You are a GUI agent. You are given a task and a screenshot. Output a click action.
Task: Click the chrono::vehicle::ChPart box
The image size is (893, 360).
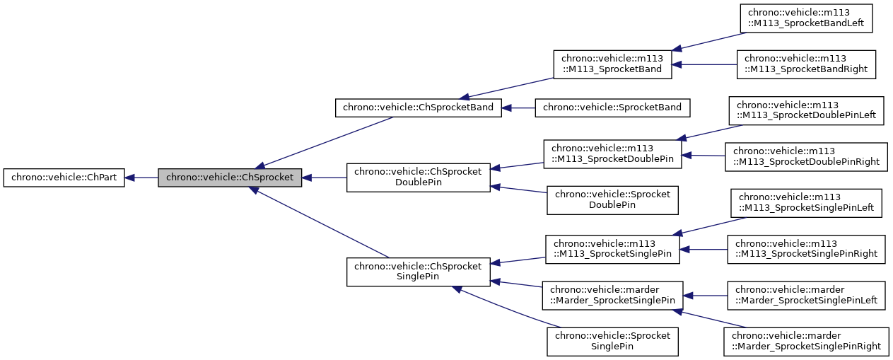click(x=64, y=178)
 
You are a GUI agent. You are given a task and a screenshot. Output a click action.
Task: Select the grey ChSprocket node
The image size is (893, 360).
click(x=230, y=178)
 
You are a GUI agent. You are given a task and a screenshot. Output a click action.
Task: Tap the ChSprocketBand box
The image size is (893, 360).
click(x=418, y=108)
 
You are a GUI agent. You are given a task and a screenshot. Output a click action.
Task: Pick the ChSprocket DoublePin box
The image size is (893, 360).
click(x=418, y=178)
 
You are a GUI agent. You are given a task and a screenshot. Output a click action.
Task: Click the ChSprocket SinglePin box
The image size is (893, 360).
click(x=418, y=272)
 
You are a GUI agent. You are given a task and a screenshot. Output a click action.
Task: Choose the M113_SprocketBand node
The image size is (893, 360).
click(x=612, y=64)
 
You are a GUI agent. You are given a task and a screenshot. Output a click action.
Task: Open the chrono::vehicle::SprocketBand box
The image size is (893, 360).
click(x=612, y=108)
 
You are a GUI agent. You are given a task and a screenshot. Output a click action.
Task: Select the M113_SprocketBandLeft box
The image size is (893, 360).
click(x=806, y=19)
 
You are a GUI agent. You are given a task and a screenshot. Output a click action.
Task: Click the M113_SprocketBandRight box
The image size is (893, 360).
click(x=806, y=64)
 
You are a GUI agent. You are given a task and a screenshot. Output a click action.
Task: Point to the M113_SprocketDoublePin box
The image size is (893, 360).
click(x=612, y=154)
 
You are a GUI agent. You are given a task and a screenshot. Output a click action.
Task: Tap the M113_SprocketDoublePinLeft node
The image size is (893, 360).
click(x=806, y=110)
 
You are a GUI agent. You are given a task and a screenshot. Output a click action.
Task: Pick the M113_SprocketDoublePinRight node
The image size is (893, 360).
click(x=806, y=156)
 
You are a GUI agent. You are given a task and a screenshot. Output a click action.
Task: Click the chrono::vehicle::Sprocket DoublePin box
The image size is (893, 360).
click(x=612, y=200)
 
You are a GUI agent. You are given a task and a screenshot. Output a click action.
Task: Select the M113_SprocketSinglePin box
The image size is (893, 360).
click(x=612, y=249)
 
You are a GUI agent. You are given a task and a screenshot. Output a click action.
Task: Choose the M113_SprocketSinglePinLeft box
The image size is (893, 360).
click(x=806, y=203)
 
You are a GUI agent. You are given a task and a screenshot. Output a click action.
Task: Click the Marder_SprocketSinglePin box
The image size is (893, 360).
click(x=612, y=295)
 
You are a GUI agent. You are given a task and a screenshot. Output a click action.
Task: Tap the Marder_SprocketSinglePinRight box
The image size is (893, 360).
click(x=806, y=341)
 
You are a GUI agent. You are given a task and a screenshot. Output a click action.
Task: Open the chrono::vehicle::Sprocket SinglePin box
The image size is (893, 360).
click(x=612, y=341)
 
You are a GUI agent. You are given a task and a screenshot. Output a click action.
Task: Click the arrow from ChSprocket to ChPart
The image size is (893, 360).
click(x=141, y=178)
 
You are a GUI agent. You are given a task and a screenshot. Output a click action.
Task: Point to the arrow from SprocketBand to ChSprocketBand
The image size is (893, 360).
click(x=518, y=108)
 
